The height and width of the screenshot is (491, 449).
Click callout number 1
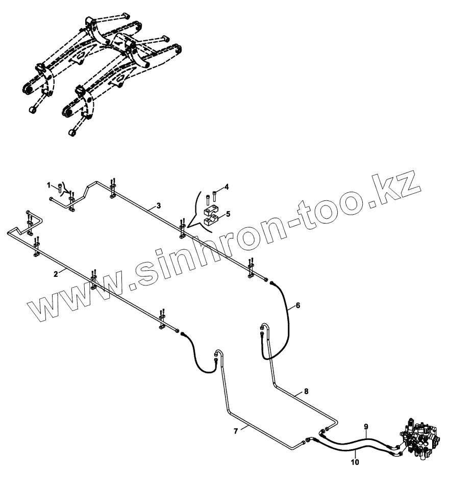[x=49, y=184]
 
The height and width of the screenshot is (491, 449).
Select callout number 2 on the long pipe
[x=55, y=274]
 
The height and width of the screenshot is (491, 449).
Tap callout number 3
[x=159, y=205]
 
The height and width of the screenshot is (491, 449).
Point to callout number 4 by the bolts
[x=227, y=187]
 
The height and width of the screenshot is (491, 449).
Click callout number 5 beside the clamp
[x=228, y=214]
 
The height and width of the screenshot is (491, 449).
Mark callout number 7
[x=236, y=431]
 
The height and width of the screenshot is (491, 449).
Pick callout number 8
[x=306, y=392]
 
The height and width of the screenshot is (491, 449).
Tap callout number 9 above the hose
[x=366, y=426]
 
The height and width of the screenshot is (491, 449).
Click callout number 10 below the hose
[x=355, y=463]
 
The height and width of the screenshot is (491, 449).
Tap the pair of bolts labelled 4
[x=211, y=196]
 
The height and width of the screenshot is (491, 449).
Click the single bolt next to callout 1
[x=60, y=187]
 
